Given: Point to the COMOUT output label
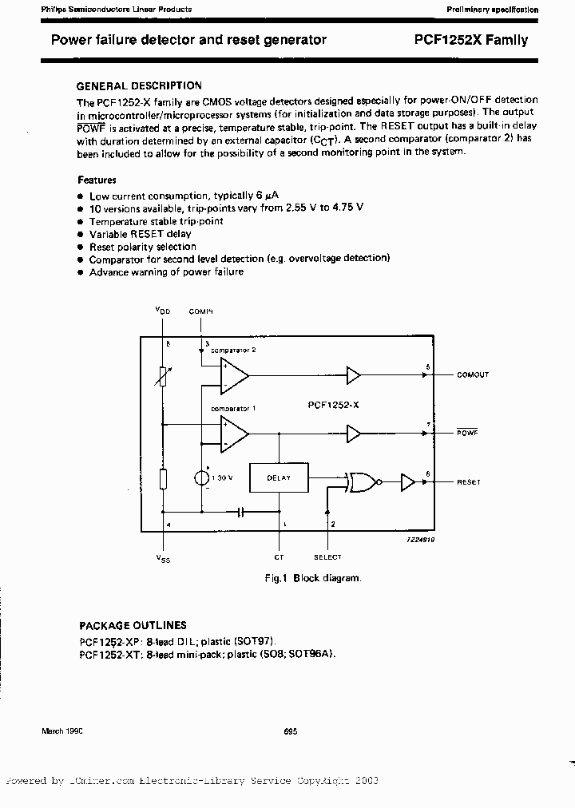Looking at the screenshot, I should tap(472, 374).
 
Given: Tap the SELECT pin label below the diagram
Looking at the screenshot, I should tap(327, 557).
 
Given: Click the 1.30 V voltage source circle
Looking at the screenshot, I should tap(202, 477).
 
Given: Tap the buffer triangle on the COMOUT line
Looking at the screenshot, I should tap(353, 374).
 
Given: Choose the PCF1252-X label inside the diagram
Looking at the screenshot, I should tap(333, 406).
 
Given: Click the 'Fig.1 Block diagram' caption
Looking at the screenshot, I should tap(312, 577).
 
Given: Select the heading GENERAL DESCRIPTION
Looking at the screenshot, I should tap(138, 85).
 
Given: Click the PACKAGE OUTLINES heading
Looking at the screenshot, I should tap(133, 625).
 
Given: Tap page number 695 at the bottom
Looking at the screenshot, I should tap(290, 731).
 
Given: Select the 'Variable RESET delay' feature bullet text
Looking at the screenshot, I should tap(140, 234).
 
